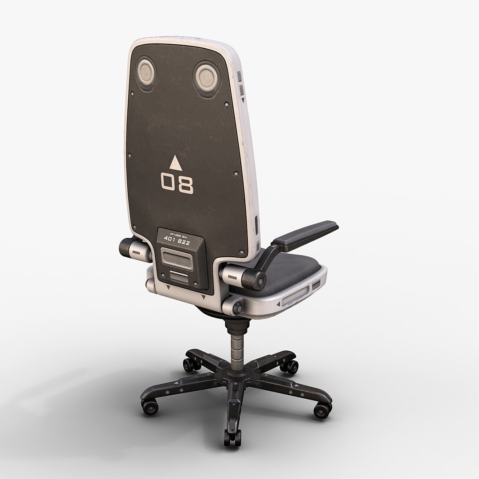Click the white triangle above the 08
click(176, 163)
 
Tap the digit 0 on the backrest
click(168, 182)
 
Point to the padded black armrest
click(306, 232)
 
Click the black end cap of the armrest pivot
click(256, 279)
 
